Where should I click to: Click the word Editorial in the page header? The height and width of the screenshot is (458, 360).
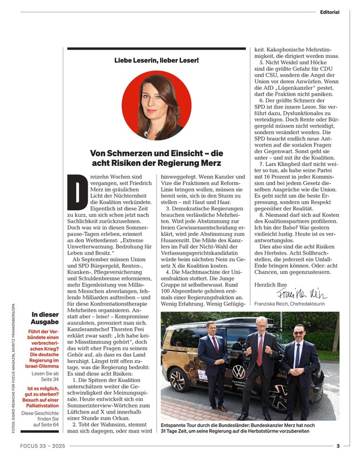pos(329,12)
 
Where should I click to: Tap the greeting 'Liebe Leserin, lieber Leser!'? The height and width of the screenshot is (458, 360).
pos(156,59)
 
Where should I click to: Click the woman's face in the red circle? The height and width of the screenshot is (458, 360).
pos(156,101)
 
